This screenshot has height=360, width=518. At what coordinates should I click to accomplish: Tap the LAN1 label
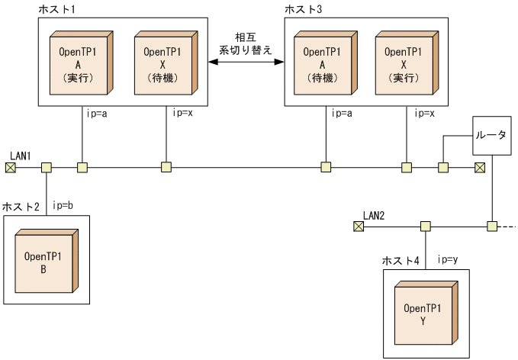21,156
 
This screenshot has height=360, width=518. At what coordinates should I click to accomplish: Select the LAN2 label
374,215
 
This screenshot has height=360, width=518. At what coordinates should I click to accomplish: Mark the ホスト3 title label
301,8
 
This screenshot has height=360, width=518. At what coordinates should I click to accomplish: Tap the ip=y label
448,259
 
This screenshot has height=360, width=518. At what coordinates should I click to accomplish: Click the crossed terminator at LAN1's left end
10,167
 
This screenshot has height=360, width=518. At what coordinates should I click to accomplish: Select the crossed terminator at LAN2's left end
358,227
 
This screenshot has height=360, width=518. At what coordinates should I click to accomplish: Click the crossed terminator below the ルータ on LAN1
480,167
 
